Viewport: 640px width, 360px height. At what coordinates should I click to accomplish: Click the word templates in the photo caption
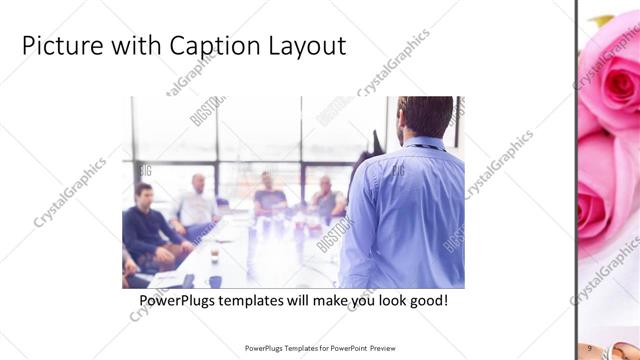(x=255, y=300)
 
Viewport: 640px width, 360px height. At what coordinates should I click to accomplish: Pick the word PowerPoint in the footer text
(x=345, y=348)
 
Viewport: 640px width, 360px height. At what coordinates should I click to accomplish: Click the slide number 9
(x=591, y=347)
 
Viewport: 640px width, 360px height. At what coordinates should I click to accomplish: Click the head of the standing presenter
(x=424, y=115)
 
